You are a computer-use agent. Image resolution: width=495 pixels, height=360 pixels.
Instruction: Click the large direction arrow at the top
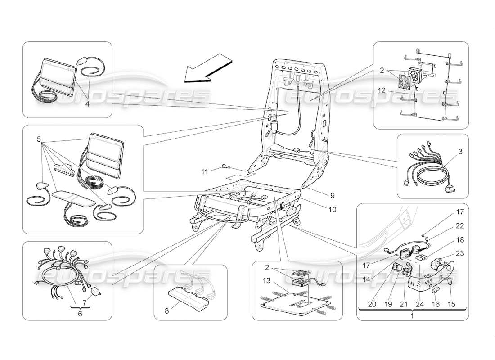coord(209,68)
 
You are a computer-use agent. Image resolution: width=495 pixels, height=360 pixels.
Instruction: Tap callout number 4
coord(87,104)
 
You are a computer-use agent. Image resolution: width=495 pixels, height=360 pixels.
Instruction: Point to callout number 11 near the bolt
coord(205,171)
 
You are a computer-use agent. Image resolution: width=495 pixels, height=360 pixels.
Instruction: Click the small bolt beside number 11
coord(225,168)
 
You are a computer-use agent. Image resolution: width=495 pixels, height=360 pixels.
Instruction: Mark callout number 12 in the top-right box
coord(382,91)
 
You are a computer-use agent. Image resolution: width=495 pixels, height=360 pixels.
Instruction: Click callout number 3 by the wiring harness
coord(459,152)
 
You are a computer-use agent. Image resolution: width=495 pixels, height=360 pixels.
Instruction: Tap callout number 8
coord(167,310)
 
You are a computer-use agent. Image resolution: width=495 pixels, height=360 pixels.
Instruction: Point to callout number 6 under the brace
coord(80,314)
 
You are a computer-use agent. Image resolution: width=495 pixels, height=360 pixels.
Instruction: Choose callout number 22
coord(459,226)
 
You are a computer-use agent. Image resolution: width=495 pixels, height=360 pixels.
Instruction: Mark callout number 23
coord(459,253)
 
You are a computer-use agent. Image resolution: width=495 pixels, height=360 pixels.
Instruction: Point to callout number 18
coord(459,240)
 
